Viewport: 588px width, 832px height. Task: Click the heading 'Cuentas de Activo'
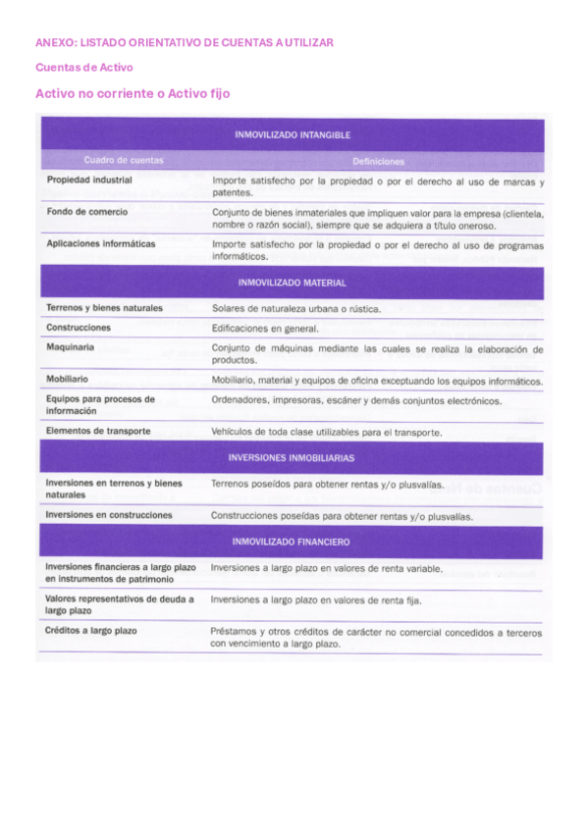[x=84, y=68]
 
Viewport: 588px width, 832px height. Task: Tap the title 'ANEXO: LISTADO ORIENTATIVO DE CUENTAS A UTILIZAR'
[x=185, y=43]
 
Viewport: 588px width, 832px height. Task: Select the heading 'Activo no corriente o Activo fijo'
[x=133, y=93]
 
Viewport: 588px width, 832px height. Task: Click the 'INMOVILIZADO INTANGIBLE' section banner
[x=293, y=135]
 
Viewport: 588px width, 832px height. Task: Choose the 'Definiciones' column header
[x=378, y=161]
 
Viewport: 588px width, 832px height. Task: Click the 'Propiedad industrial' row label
[x=89, y=181]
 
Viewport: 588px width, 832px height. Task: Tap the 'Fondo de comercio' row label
[x=85, y=211]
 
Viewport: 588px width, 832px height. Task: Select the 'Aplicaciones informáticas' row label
[x=101, y=243]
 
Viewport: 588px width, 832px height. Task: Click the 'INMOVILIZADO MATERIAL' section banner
[x=293, y=283]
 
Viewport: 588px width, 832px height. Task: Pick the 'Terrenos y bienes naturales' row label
[x=104, y=308]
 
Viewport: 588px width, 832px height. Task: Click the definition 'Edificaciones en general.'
[x=265, y=329]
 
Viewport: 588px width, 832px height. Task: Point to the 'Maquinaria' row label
[x=71, y=347]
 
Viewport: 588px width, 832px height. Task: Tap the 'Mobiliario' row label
[x=67, y=379]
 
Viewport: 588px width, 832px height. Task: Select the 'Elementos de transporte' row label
[x=98, y=431]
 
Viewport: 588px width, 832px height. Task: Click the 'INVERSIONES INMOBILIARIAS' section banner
[x=293, y=457]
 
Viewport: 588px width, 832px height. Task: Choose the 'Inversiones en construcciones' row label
[x=109, y=514]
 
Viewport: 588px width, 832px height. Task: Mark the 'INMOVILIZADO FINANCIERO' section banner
[x=293, y=542]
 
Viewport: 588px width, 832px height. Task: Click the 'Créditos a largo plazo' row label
[x=91, y=631]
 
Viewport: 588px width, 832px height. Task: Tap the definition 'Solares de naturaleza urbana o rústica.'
[x=296, y=309]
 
